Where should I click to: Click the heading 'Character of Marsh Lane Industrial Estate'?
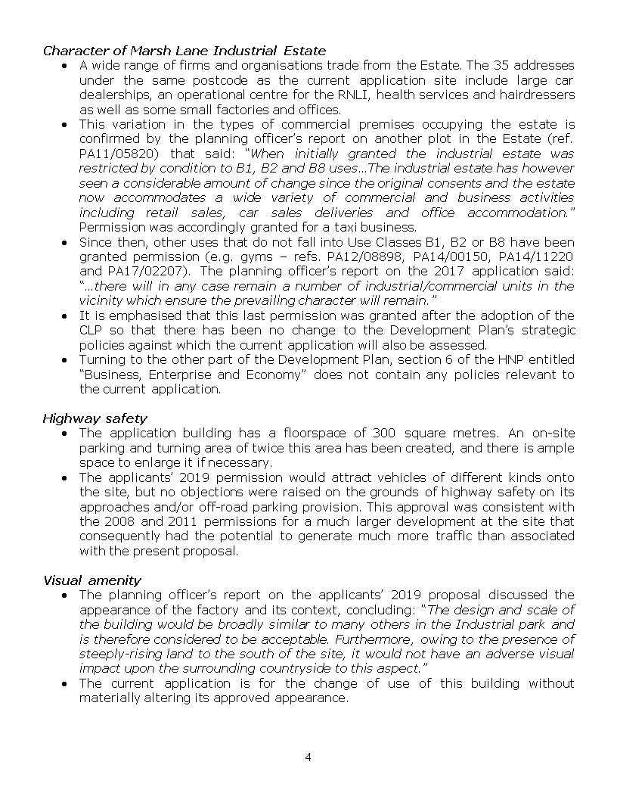pyautogui.click(x=184, y=51)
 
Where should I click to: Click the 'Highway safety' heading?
pyautogui.click(x=95, y=418)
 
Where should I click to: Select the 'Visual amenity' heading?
pyautogui.click(x=91, y=580)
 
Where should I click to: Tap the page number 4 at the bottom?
pyautogui.click(x=308, y=757)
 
